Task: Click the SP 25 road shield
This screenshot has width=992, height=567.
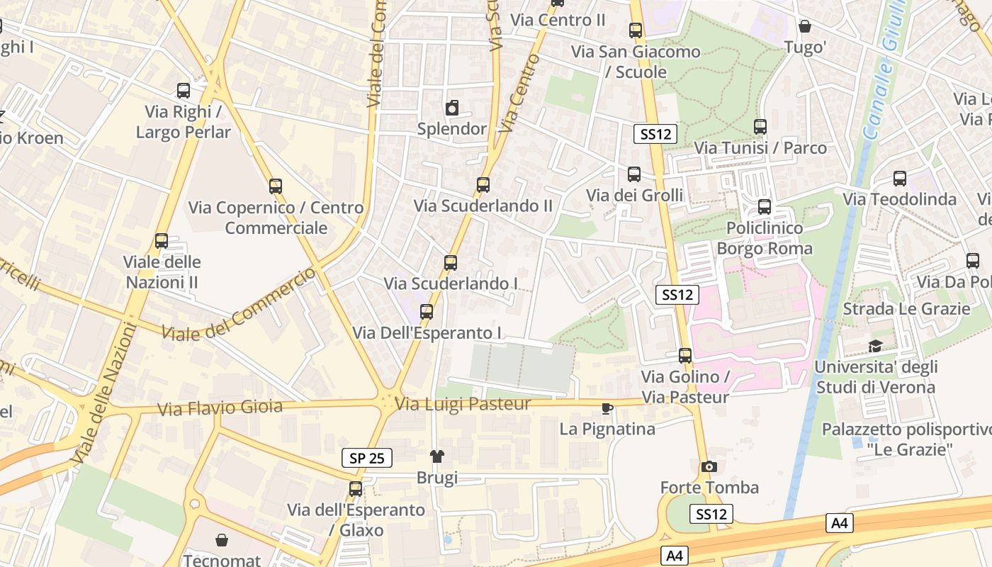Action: (x=367, y=458)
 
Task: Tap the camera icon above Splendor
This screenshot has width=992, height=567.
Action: (x=452, y=108)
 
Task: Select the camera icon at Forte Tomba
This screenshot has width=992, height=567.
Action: (x=709, y=466)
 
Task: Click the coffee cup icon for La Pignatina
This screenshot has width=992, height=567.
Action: (x=607, y=408)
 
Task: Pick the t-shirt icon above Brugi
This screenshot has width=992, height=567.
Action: (x=436, y=456)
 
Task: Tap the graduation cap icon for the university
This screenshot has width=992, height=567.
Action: (x=876, y=346)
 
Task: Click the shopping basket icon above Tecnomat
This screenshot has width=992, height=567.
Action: (x=222, y=539)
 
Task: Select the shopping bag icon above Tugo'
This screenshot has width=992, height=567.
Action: (x=805, y=27)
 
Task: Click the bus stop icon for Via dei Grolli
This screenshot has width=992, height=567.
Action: (x=634, y=174)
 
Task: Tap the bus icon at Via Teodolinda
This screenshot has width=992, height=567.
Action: (x=900, y=178)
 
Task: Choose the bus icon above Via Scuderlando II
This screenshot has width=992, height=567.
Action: (x=483, y=184)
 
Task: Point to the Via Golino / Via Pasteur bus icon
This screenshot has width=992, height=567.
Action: (x=685, y=355)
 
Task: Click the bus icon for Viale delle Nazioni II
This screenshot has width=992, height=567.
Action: (x=162, y=241)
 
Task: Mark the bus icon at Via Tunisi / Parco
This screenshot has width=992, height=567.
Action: (x=760, y=126)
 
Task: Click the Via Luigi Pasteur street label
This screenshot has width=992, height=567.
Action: (x=463, y=404)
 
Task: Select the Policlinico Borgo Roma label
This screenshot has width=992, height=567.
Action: (x=765, y=238)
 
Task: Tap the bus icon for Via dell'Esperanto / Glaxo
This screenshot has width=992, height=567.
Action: (x=356, y=488)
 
